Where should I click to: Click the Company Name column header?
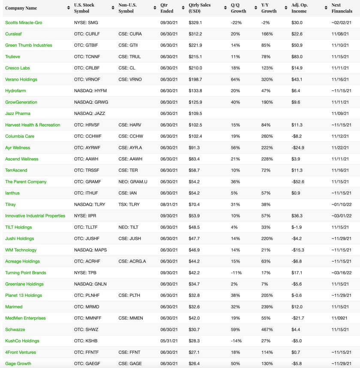21,8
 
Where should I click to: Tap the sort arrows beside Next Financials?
355,8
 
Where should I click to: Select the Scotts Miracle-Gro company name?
24,22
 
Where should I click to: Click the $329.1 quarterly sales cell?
195,22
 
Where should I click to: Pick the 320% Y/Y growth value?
267,79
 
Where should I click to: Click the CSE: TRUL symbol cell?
129,57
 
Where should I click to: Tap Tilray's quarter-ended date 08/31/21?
169,205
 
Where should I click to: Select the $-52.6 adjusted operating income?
298,182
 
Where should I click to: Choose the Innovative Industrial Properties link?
35,216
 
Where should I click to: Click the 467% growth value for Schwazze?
267,329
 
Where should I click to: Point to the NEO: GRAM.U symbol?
133,182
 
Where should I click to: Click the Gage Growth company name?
18,364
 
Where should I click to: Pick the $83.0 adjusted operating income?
297,57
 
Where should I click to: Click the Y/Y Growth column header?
269,8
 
